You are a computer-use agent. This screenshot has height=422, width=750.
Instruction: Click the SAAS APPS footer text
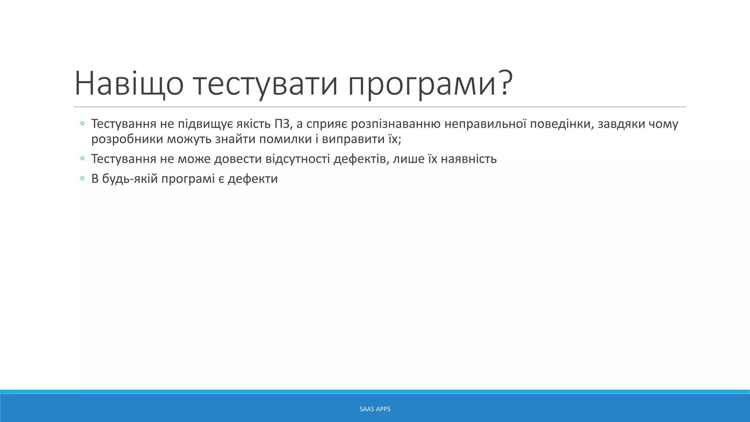[x=375, y=409]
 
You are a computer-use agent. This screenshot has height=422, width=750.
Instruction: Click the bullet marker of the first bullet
[x=82, y=124]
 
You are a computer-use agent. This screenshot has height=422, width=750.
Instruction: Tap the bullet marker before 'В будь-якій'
[x=82, y=179]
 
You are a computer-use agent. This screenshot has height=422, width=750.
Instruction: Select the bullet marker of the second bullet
[x=82, y=159]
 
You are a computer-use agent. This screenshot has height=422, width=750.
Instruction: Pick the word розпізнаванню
[x=396, y=124]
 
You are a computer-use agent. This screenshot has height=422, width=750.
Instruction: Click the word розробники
[x=127, y=139]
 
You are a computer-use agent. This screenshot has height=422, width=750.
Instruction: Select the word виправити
[x=353, y=139]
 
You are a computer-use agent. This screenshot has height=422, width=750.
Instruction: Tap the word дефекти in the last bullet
[x=253, y=179]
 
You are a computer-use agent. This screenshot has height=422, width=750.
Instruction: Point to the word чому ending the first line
[x=663, y=124]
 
